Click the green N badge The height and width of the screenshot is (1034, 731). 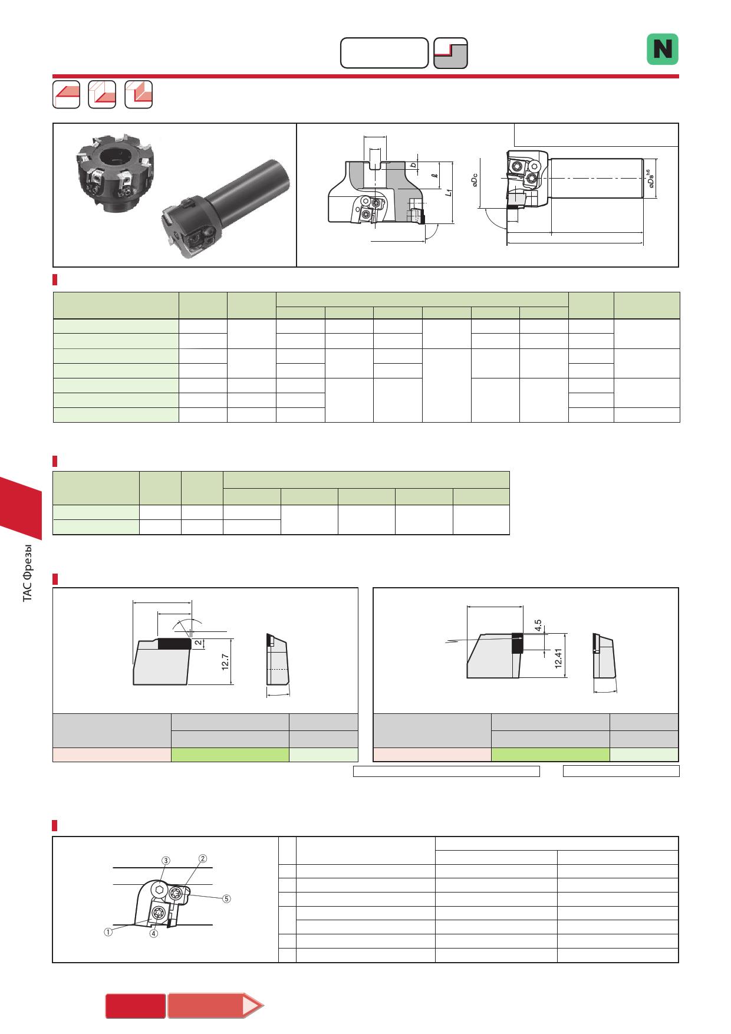[x=663, y=49]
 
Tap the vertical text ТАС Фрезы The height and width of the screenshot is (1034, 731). [x=28, y=573]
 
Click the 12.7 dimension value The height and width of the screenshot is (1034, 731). [x=225, y=662]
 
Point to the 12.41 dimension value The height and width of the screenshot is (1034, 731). [x=558, y=658]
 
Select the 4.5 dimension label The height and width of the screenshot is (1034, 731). [x=538, y=625]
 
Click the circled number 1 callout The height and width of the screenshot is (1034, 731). [x=108, y=932]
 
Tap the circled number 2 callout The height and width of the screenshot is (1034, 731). [x=203, y=858]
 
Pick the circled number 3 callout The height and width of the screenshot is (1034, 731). [x=166, y=861]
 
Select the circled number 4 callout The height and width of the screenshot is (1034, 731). [x=153, y=933]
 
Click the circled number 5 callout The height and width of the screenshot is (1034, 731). [x=226, y=898]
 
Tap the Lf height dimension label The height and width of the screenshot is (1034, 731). [x=448, y=192]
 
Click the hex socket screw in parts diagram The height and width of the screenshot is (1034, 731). [x=159, y=890]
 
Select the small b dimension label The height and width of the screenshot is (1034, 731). [x=414, y=164]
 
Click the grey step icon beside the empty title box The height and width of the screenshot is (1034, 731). [x=450, y=53]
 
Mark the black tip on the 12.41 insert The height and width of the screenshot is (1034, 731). [x=517, y=643]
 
